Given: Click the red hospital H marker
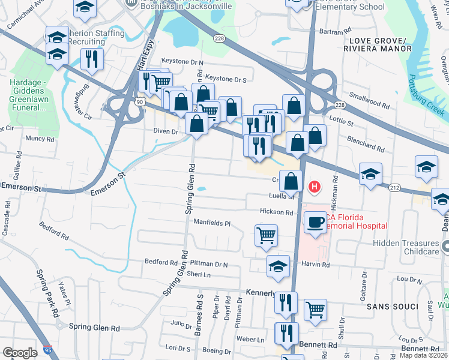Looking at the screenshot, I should point(314,188).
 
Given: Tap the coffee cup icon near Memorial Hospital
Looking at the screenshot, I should point(315,224).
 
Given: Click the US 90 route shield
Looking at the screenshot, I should point(140,103).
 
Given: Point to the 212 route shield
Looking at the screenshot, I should point(394,188).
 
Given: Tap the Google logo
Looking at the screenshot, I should point(20,352).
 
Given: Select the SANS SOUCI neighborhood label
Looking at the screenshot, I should point(394,307).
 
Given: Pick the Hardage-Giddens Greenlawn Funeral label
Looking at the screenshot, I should point(28,95).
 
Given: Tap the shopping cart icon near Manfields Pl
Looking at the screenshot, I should point(266,235).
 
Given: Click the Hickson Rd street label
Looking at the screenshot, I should point(276,212).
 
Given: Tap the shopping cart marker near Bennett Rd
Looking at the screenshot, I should point(315,310).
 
